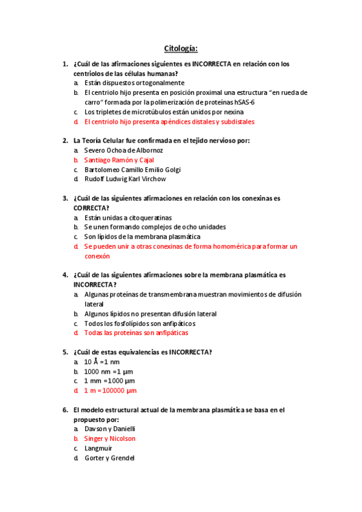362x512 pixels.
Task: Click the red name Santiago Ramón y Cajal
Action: (118, 160)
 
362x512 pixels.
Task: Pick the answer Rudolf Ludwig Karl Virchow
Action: (124, 179)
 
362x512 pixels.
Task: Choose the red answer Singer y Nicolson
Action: (109, 438)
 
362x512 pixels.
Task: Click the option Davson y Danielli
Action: (109, 429)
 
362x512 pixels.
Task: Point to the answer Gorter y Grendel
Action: (109, 458)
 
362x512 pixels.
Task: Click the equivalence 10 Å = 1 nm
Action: (102, 362)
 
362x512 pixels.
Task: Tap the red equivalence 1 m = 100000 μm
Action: (111, 391)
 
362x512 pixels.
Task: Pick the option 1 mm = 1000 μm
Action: (109, 381)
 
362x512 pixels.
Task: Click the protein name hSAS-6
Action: (244, 102)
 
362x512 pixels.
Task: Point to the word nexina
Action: (232, 112)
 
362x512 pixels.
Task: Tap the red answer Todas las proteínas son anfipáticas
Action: (136, 333)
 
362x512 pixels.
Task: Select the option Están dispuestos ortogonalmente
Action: (134, 83)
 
